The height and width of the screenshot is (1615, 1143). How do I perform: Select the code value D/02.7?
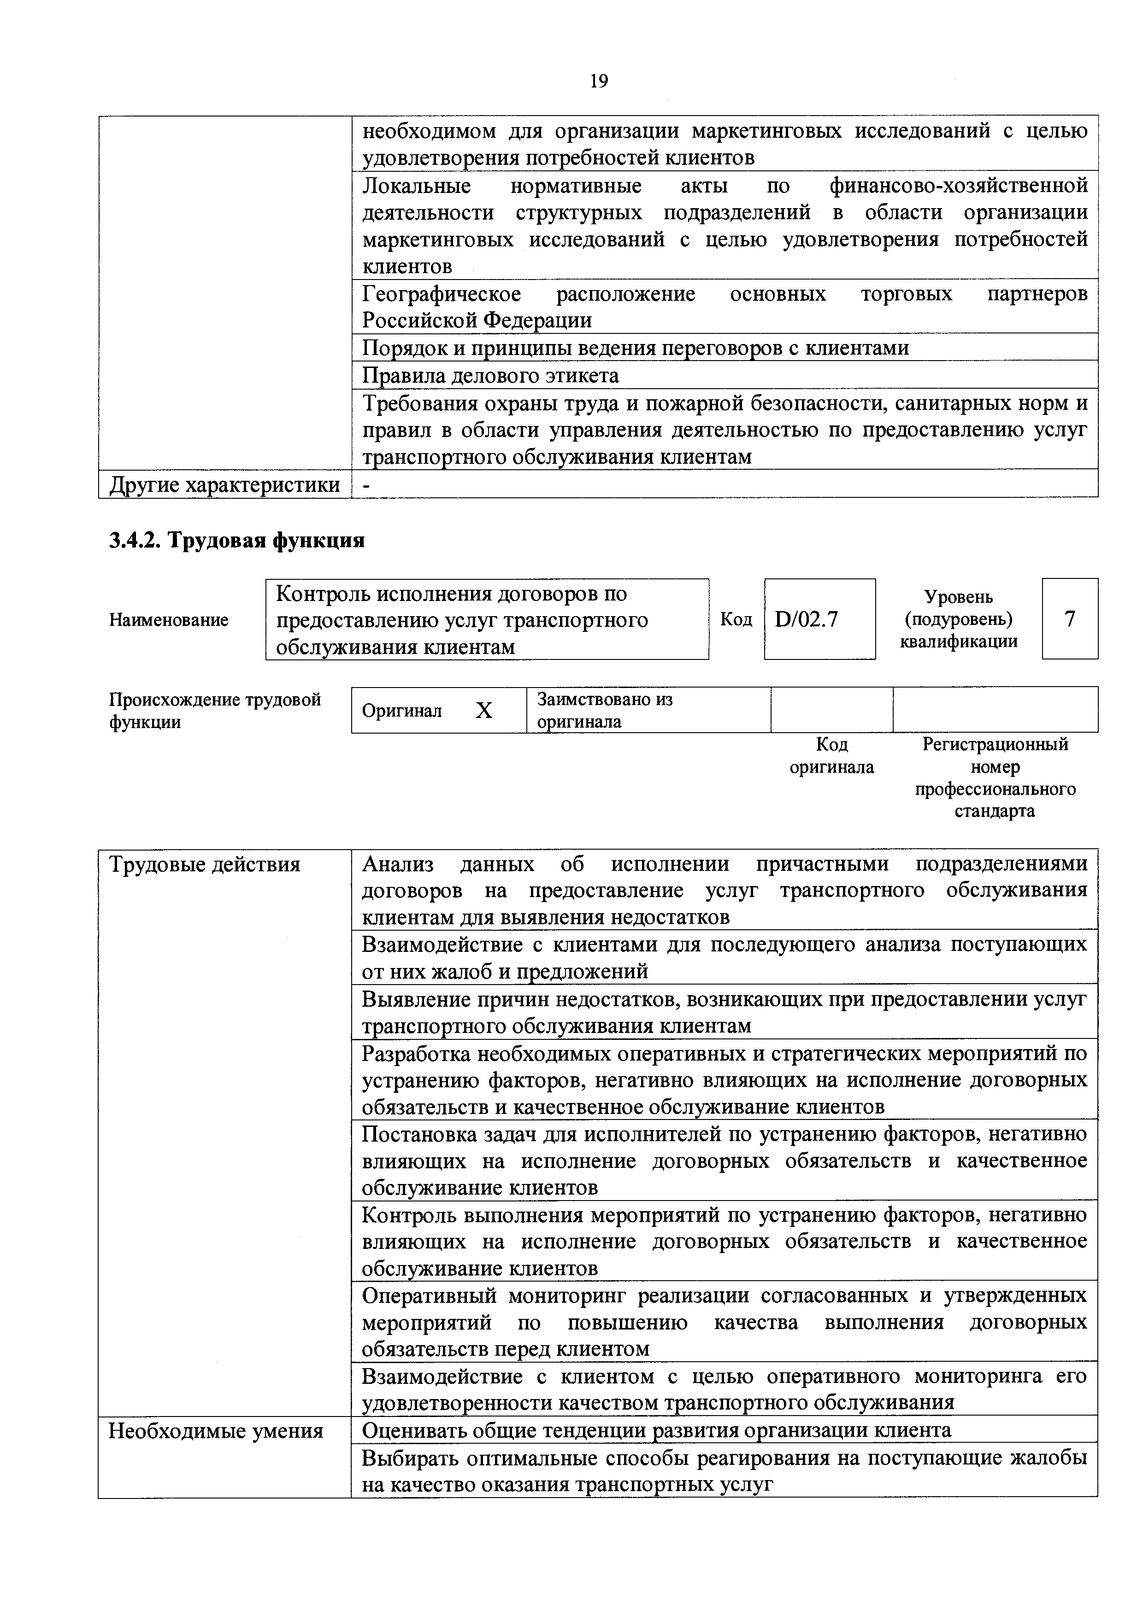click(807, 619)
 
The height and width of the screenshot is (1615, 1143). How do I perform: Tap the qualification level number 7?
click(1070, 619)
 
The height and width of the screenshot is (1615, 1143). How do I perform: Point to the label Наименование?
click(169, 620)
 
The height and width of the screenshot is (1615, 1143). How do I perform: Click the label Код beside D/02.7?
click(736, 619)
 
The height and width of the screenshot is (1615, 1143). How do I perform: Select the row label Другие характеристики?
click(224, 484)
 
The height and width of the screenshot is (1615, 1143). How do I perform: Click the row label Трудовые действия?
click(204, 864)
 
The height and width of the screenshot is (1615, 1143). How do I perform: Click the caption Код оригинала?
click(831, 755)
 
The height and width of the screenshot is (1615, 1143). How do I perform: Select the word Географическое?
click(441, 293)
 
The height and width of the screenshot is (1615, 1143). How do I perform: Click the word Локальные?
click(416, 186)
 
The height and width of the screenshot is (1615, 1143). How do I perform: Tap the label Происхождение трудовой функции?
click(215, 711)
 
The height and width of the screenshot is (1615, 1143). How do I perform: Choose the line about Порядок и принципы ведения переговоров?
click(635, 348)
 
